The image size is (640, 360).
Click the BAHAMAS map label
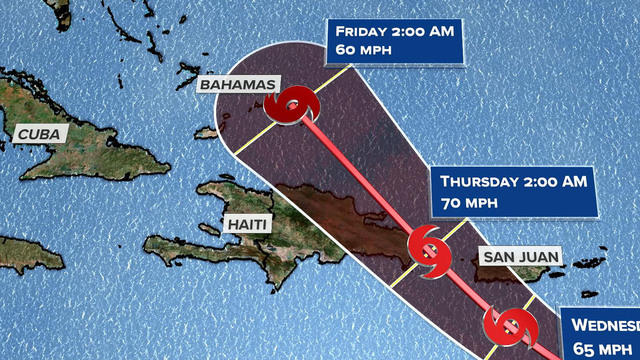click(x=237, y=86)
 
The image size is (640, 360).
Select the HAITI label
click(x=246, y=223)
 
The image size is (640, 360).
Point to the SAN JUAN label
click(x=520, y=257)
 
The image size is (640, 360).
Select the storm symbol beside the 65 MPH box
click(x=509, y=326)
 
